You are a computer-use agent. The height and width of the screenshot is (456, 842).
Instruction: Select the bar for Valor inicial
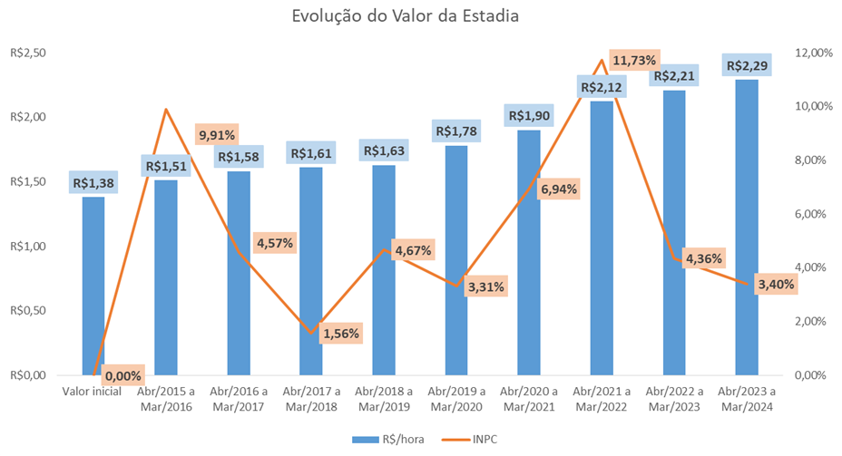(x=93, y=290)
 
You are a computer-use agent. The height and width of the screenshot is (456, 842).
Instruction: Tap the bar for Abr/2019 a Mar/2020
(x=456, y=263)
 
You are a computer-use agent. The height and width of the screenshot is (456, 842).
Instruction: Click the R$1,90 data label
(x=529, y=116)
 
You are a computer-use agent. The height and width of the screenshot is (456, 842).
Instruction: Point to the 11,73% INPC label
(x=634, y=61)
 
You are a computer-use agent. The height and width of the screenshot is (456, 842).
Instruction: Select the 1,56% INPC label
(x=340, y=333)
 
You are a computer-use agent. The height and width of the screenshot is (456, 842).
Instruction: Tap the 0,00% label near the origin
(x=122, y=374)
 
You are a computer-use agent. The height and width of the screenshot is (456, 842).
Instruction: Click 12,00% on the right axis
(x=813, y=53)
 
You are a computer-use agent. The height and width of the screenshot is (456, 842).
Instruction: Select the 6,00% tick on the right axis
(x=813, y=214)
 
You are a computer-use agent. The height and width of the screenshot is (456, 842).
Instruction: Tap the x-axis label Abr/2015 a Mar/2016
(x=166, y=399)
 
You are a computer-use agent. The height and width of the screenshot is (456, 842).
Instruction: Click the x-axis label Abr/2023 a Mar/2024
(x=747, y=399)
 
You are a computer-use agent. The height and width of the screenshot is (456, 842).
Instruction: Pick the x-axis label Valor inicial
(x=93, y=393)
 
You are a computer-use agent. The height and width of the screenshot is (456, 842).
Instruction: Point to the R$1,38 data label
(x=93, y=183)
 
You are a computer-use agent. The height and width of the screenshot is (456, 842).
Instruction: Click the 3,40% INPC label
(x=776, y=284)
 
